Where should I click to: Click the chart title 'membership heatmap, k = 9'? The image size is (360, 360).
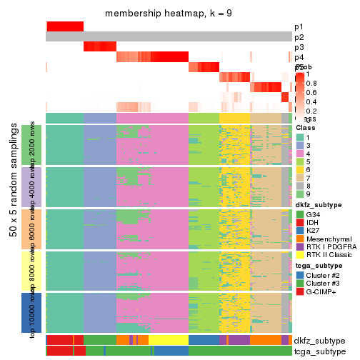[x=168, y=14]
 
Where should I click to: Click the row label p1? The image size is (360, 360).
[x=299, y=26]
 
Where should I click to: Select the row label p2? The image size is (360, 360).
[x=299, y=37]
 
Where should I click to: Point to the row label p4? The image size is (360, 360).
[x=299, y=57]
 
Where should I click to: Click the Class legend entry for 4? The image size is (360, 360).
[x=311, y=155]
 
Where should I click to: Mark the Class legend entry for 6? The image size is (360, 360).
[x=311, y=174]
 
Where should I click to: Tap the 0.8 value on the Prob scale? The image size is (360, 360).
[x=312, y=84]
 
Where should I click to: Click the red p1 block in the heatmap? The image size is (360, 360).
[x=65, y=26]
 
